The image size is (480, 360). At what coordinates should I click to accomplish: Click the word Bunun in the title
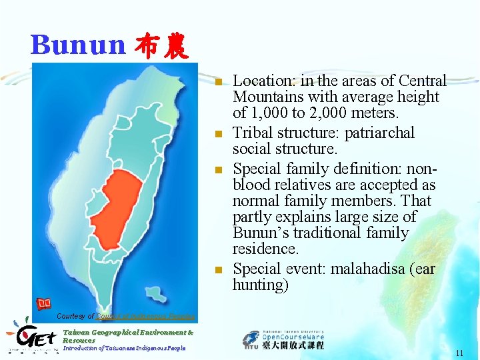tap(77, 45)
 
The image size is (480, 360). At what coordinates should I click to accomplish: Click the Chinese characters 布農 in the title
tap(162, 45)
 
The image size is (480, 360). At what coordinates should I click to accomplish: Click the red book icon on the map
tap(44, 304)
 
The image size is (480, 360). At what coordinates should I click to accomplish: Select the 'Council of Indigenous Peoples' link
tap(146, 316)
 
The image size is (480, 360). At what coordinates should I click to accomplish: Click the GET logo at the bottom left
tap(31, 337)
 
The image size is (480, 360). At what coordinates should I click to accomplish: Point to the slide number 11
tap(459, 353)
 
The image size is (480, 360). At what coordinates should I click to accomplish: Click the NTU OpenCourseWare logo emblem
tap(252, 339)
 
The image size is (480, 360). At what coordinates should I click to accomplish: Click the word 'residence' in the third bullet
tap(265, 249)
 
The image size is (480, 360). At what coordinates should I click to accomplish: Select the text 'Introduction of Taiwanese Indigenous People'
tap(124, 348)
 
